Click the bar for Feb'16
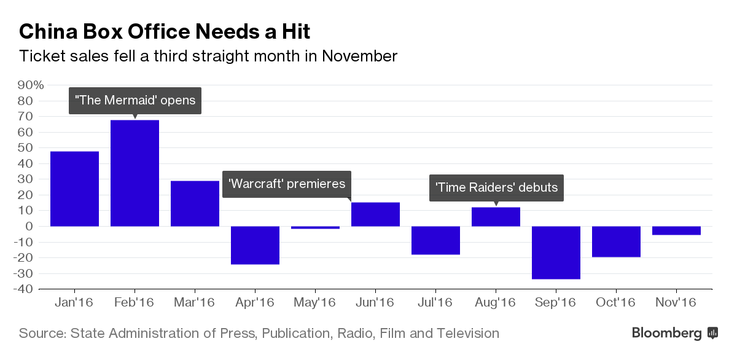click(135, 173)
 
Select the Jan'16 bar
click(74, 189)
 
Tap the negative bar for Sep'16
click(556, 252)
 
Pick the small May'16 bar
click(315, 227)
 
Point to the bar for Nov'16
click(676, 230)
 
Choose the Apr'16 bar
click(255, 245)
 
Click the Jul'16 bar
click(435, 240)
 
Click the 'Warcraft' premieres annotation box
click(287, 184)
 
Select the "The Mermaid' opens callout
click(135, 100)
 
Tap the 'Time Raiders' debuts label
click(496, 187)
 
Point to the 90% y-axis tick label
click(30, 85)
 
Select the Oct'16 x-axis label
click(616, 302)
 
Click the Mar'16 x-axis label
click(195, 302)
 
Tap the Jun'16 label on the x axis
click(375, 302)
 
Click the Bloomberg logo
click(675, 333)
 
